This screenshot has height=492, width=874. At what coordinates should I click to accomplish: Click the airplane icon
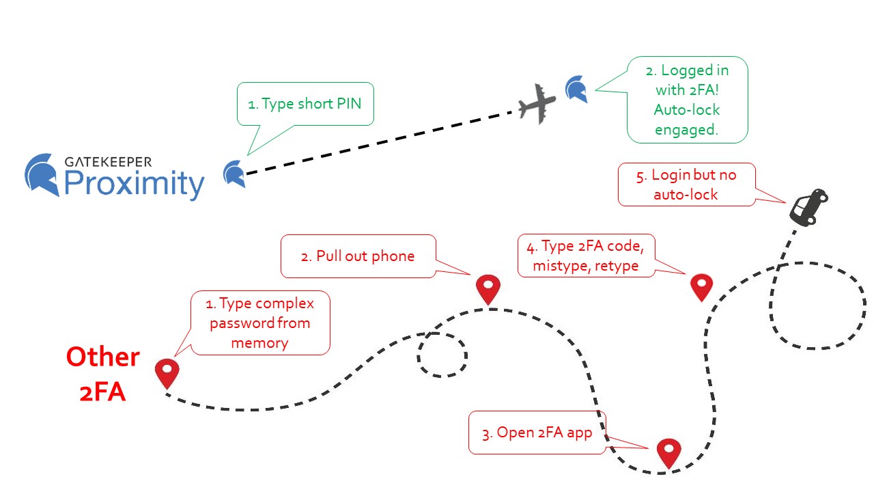point(537,104)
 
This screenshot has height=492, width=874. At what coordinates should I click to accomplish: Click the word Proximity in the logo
point(134,184)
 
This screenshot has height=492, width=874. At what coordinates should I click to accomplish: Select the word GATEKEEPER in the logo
point(108,162)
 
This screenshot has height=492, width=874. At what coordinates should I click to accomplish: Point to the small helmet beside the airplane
point(576,90)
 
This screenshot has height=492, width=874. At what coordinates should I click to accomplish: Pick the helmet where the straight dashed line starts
point(234,174)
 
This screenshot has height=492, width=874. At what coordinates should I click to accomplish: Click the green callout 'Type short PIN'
point(305,104)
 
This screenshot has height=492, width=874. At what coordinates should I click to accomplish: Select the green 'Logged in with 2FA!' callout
point(686,100)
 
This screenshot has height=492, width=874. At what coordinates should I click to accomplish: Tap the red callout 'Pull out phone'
point(358,256)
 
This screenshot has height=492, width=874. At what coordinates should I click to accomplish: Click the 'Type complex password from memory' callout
point(260,323)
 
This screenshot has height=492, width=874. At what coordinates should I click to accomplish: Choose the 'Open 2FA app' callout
point(537,433)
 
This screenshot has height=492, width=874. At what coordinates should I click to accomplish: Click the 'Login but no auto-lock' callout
point(686,184)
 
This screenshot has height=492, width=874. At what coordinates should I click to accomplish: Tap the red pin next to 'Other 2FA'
point(167,372)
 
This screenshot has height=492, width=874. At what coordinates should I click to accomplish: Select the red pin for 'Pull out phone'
point(488,288)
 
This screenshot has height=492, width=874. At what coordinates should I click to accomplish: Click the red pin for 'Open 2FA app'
point(668,452)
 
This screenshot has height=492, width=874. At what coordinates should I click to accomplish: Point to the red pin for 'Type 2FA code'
point(701,286)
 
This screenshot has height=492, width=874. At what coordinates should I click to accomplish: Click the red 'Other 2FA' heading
point(102,374)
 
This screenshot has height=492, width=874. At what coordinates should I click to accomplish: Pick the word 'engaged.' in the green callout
point(686,129)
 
